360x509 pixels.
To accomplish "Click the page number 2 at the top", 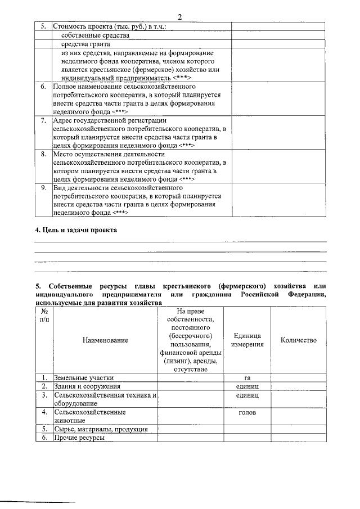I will tap(179, 16).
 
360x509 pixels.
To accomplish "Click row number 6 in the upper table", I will tap(43, 87).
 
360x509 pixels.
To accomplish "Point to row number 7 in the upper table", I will tap(43, 120).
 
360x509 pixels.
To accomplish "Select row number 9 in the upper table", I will tap(43, 187).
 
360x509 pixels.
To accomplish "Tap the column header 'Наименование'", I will tap(105, 340).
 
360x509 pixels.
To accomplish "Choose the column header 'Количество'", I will tap(298, 340).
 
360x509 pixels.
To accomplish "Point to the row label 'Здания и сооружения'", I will tap(87, 387).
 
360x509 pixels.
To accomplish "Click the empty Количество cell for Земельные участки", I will tap(298, 378).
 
